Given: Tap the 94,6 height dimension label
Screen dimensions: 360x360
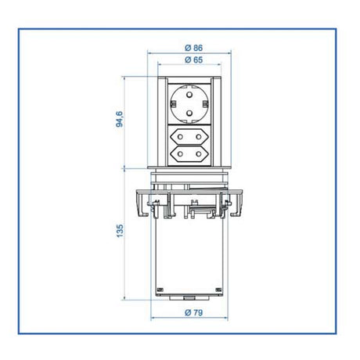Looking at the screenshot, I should pos(119,121).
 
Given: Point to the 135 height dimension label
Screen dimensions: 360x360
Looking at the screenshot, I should pos(119,233).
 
